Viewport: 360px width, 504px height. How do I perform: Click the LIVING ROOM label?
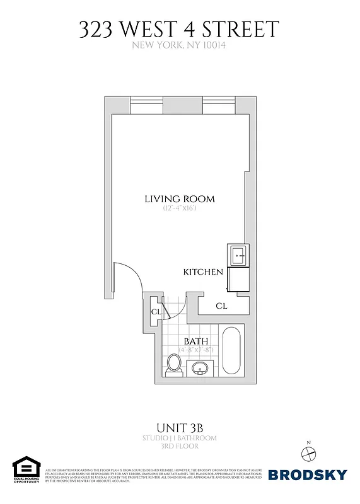click(180, 199)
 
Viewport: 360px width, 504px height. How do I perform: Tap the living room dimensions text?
click(180, 209)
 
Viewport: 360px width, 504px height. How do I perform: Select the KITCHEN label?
click(203, 272)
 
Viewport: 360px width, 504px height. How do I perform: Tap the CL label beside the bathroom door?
click(156, 312)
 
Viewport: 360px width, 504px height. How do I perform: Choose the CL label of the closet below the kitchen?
click(221, 306)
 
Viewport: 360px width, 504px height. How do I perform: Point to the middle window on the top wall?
click(183, 105)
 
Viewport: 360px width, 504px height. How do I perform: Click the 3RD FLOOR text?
click(180, 446)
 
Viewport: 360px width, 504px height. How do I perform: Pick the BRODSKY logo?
click(308, 474)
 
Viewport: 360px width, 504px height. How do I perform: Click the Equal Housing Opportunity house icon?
click(25, 467)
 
